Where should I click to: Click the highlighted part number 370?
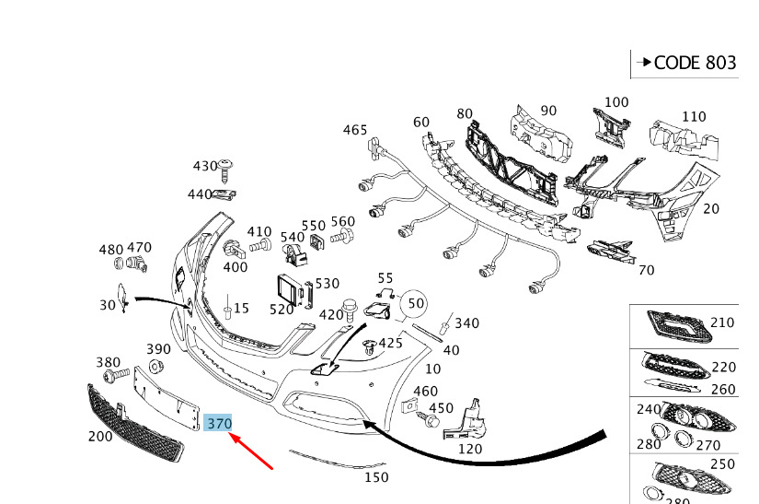coord(219,424)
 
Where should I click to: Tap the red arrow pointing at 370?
coord(251,451)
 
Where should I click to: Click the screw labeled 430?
coord(225,170)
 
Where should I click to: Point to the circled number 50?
coord(415,303)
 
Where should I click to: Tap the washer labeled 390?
coord(155,367)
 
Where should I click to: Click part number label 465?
coord(355,130)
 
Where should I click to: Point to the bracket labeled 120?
coord(466,420)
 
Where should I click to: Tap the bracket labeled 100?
coord(612,128)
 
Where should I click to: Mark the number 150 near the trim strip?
coord(376,477)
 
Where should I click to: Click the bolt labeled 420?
coord(349,310)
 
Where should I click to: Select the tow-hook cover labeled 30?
coord(122,298)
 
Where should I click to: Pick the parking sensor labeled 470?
coord(137,264)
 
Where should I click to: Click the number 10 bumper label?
coord(432,369)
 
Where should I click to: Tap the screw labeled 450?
coord(429,420)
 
